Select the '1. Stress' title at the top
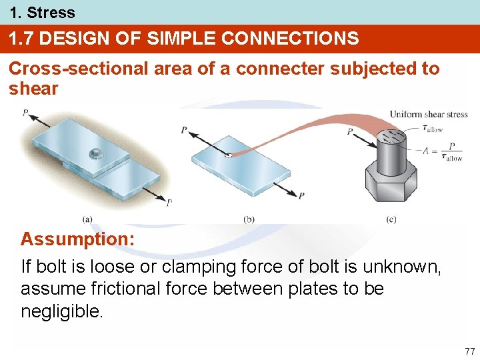coord(42,12)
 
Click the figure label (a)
coord(87,218)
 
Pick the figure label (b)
coord(249,218)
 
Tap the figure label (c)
coord(391,218)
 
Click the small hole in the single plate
coord(229,155)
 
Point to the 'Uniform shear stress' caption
coord(429,114)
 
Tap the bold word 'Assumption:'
coord(77,239)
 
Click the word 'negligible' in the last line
coord(61,311)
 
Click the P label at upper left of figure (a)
coord(25,113)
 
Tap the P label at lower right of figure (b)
coord(302,196)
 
